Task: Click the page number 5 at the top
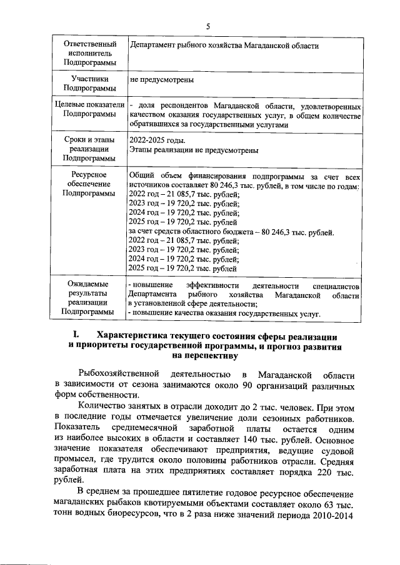209,26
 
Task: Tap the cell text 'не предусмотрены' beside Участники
161,80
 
